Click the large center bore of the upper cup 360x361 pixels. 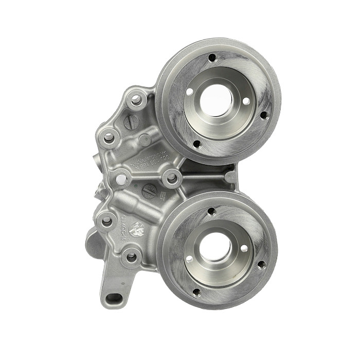(215, 99)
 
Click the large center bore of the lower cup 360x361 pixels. (215, 247)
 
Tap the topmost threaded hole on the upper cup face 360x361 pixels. (211, 58)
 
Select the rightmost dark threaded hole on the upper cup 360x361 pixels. (264, 115)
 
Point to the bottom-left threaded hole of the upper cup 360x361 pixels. (196, 143)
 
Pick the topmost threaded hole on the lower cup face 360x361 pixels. (211, 211)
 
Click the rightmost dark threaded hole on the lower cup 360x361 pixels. (261, 265)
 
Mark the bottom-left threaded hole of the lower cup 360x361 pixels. (196, 293)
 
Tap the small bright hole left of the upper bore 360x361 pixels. (190, 91)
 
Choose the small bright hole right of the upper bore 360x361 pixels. (246, 101)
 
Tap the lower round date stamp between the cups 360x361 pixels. (149, 191)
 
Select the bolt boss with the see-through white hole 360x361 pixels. (121, 179)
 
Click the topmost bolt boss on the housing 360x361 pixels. (136, 100)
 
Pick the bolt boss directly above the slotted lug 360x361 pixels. (132, 256)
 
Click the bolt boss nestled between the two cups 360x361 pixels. (172, 178)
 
